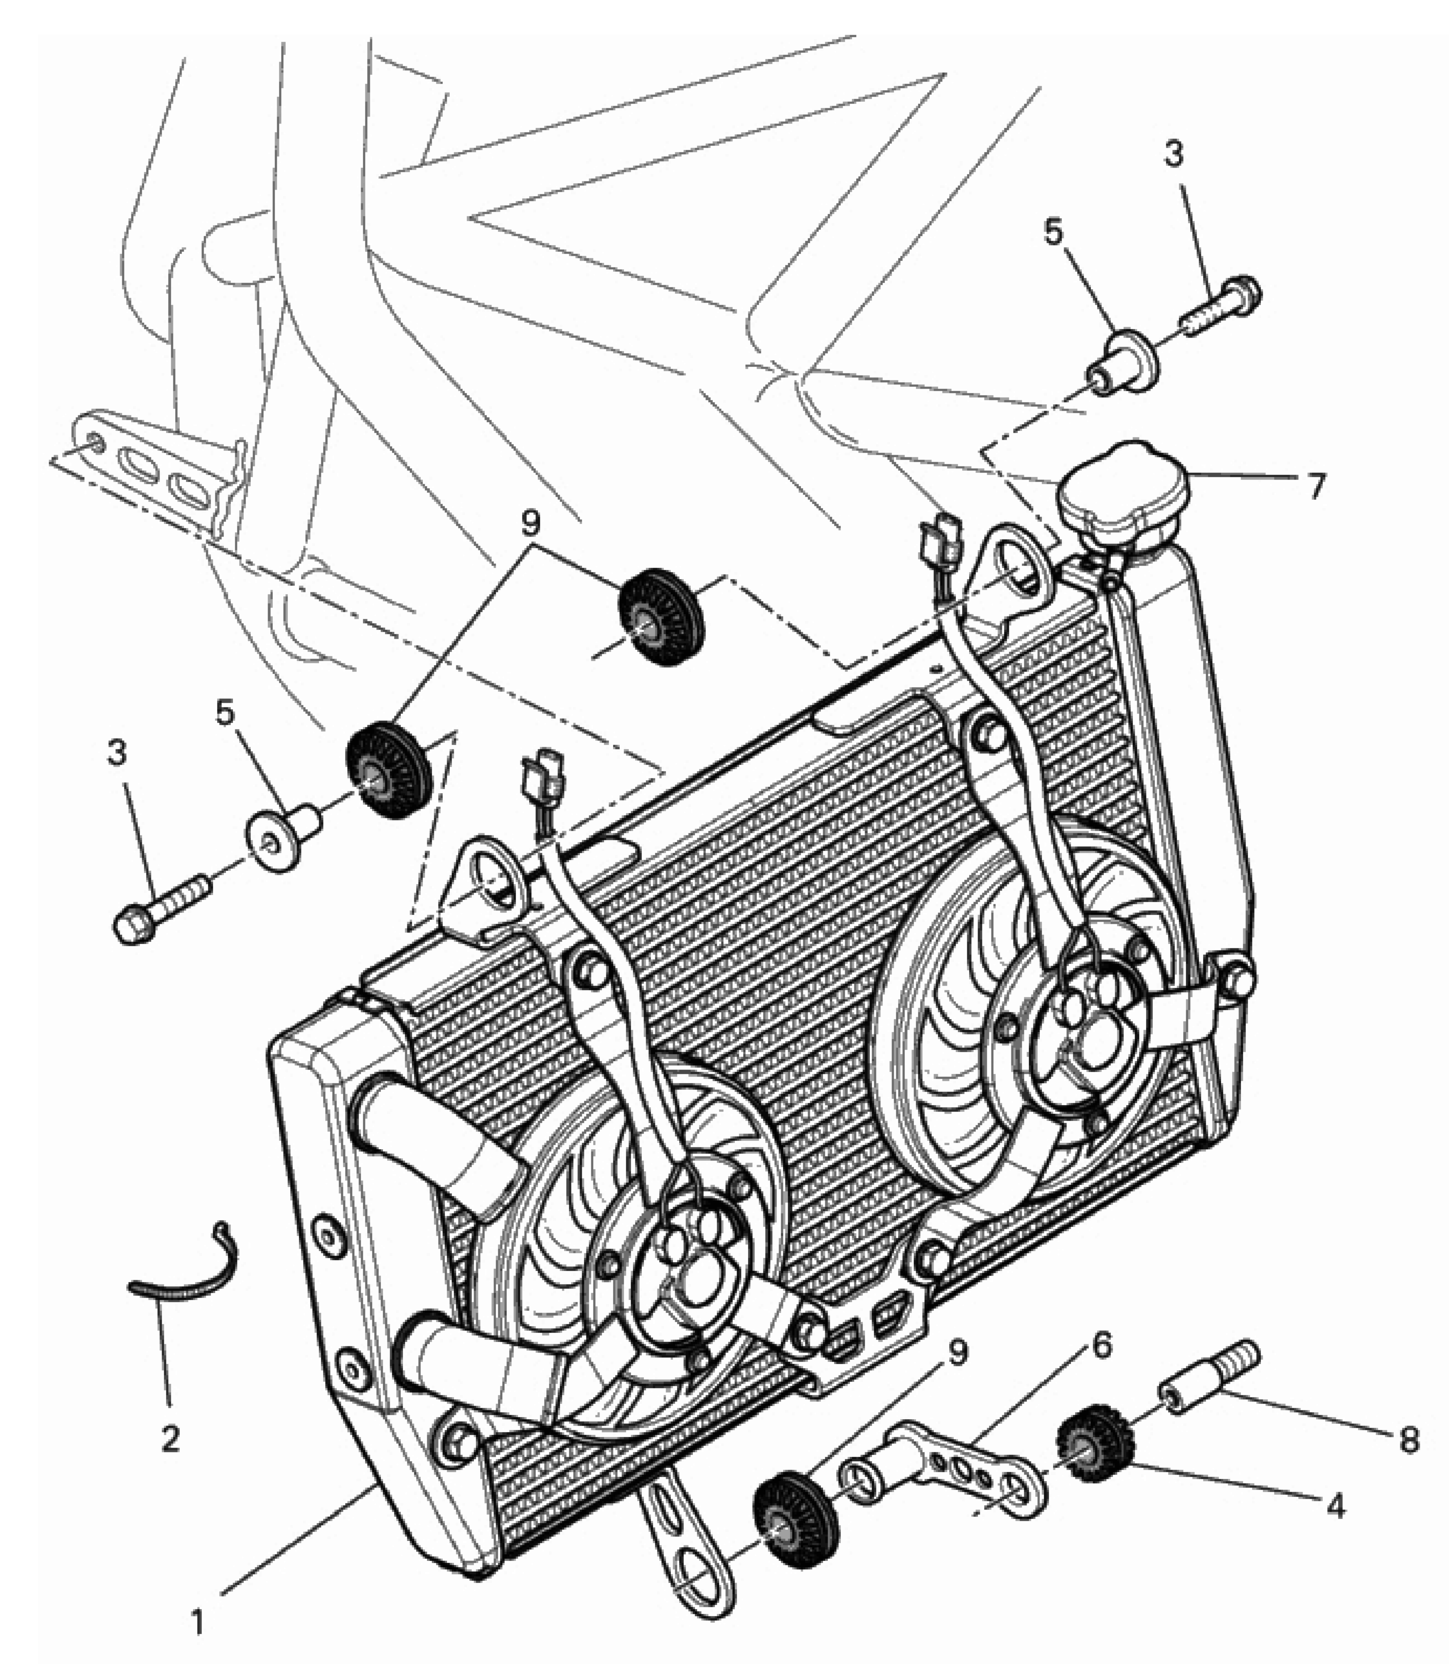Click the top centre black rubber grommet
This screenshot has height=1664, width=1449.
[661, 617]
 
